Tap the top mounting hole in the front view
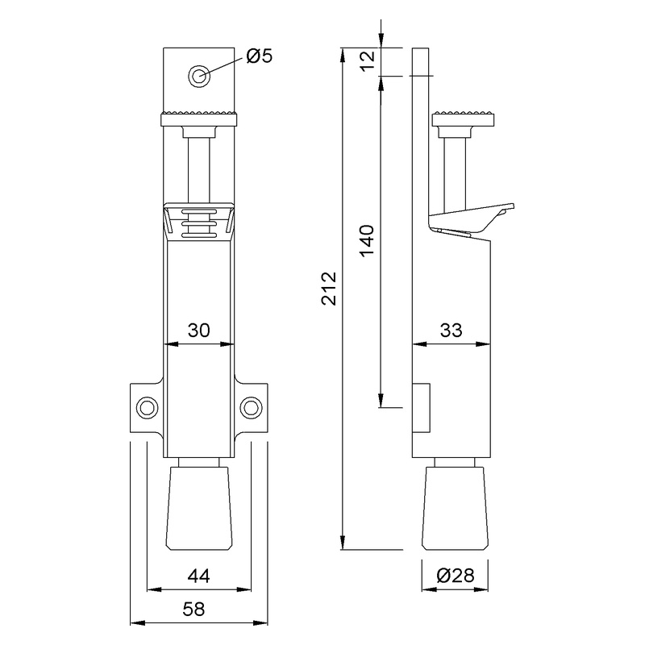click(x=198, y=76)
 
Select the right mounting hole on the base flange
click(x=252, y=408)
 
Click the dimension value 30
click(x=198, y=331)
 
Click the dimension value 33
click(x=452, y=331)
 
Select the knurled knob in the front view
click(x=199, y=117)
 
